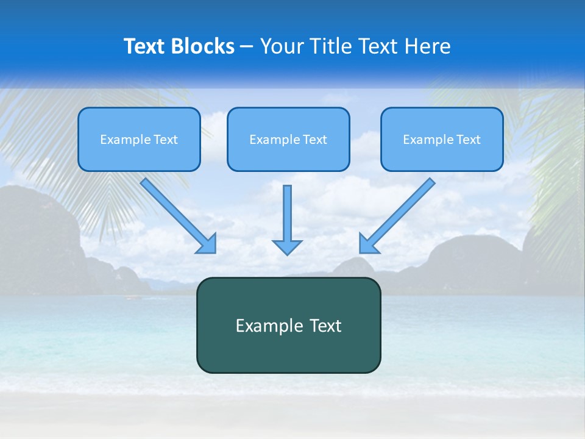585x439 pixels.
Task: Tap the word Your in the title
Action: coord(283,46)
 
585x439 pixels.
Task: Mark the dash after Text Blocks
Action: coord(247,47)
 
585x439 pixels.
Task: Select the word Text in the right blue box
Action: coord(469,140)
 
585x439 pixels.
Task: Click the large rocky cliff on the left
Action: coord(37,238)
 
